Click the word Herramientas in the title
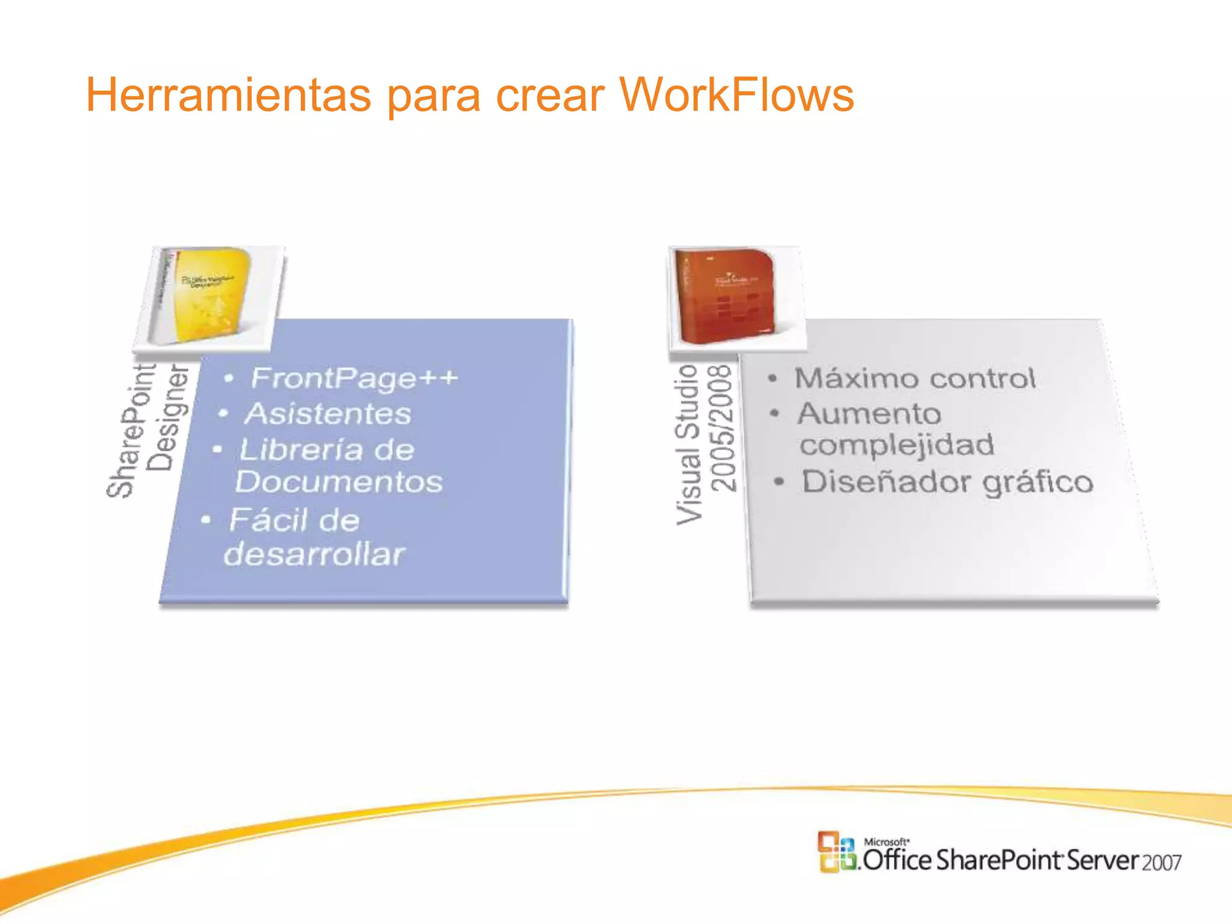click(229, 95)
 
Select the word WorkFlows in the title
click(736, 95)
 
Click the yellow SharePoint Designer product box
click(208, 297)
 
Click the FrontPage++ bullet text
click(354, 378)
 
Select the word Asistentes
click(328, 414)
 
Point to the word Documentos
click(339, 482)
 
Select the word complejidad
click(896, 446)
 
